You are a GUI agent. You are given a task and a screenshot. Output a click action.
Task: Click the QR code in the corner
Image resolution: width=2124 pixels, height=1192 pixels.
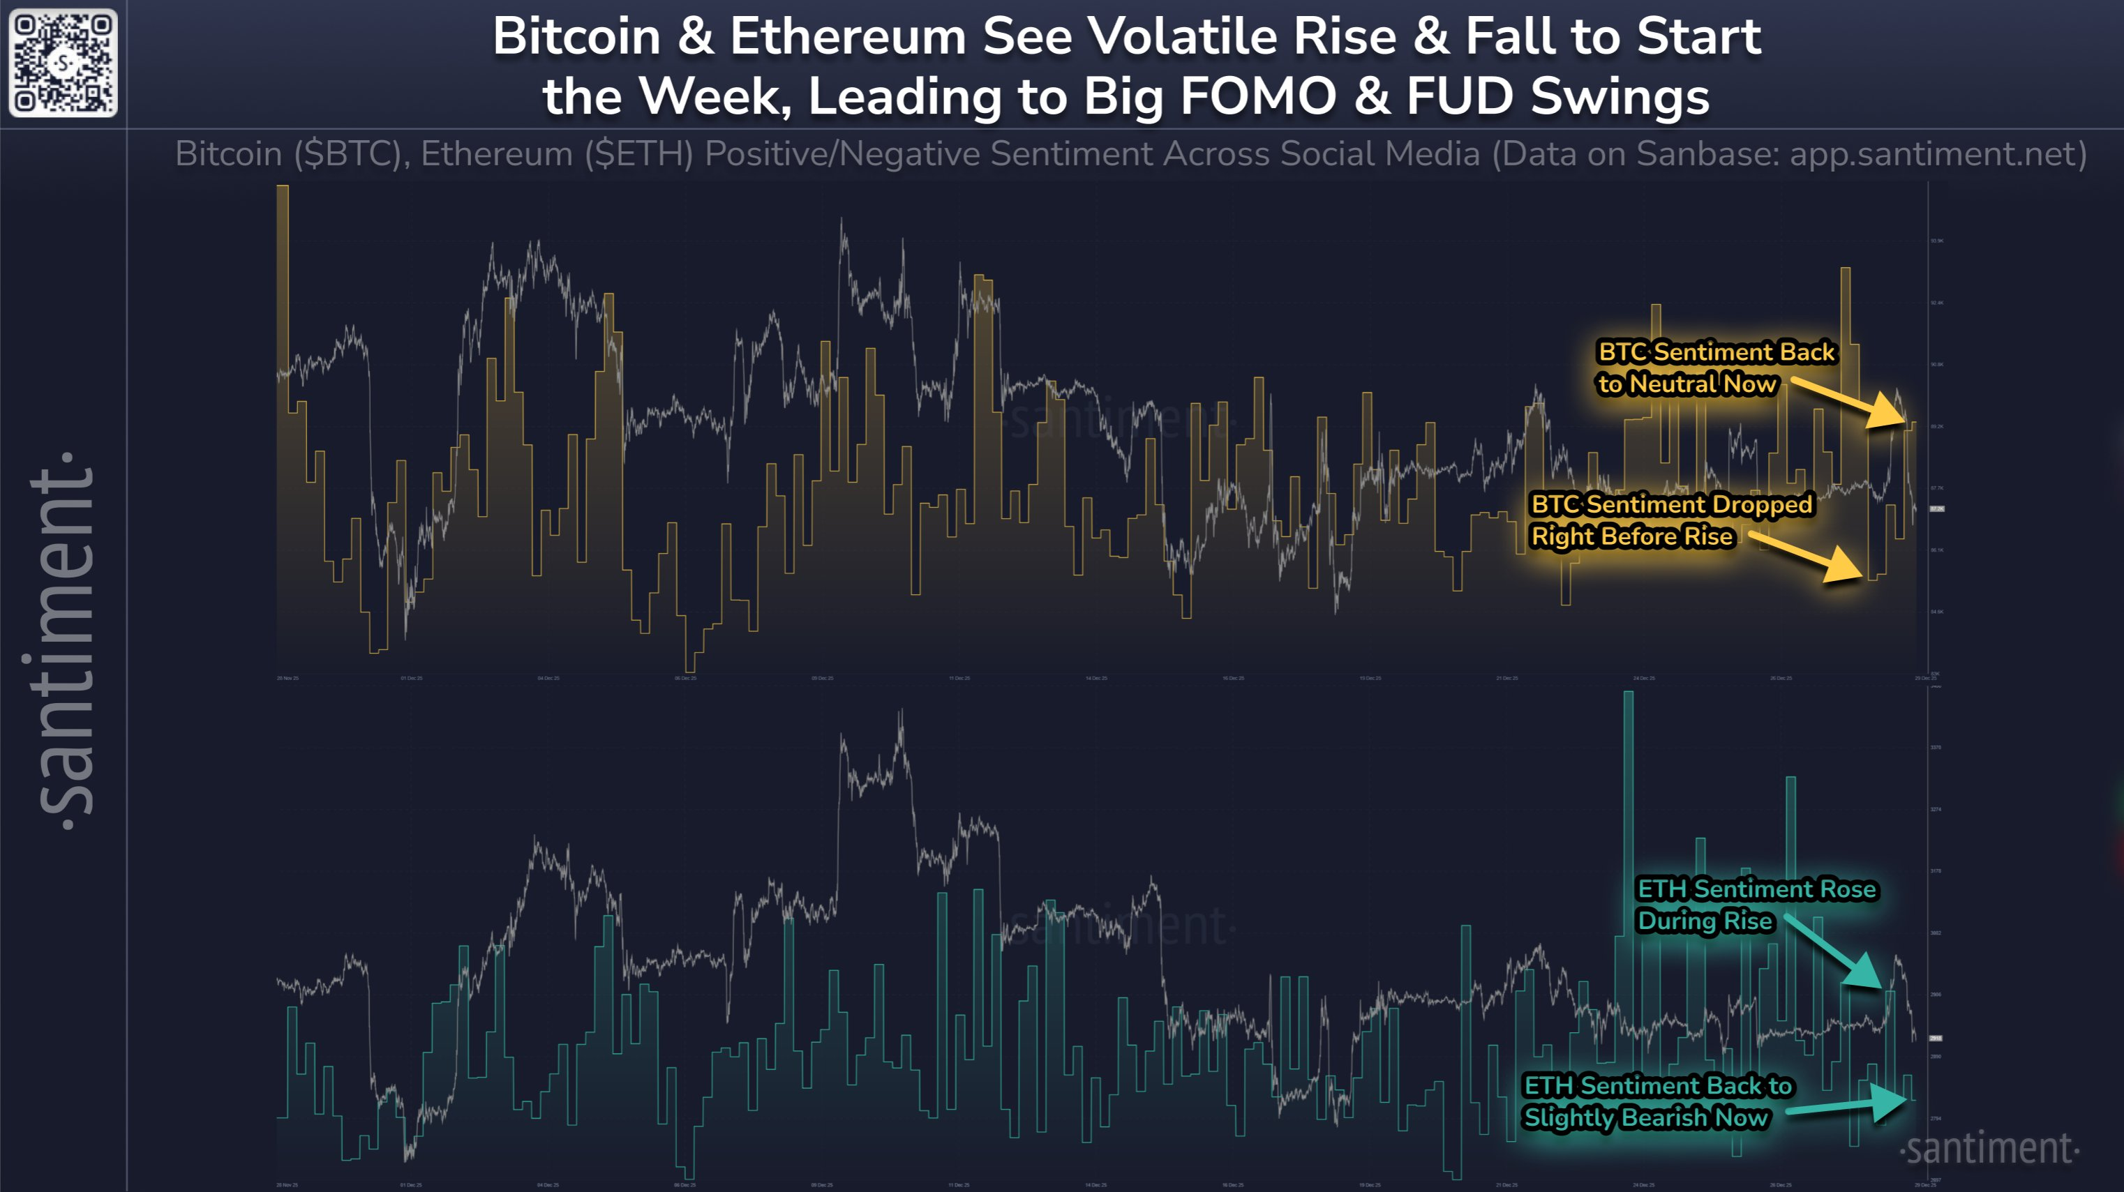pos(63,63)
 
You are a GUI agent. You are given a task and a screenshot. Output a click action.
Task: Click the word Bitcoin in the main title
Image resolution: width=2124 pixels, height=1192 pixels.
pos(577,37)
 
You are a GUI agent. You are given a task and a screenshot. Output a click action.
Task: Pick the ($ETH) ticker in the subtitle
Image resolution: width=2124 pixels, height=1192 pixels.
pos(639,154)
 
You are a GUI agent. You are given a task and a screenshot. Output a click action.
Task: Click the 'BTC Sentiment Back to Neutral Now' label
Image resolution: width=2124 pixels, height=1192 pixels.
pos(1715,368)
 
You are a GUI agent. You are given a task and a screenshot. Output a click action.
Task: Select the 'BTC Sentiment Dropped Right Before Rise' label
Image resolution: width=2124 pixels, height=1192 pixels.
pos(1670,520)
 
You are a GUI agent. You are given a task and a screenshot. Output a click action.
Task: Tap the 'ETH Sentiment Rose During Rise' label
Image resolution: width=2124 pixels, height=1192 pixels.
pos(1756,905)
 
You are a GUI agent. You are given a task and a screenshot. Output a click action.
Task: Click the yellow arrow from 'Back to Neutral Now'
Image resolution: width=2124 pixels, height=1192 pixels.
pos(1851,404)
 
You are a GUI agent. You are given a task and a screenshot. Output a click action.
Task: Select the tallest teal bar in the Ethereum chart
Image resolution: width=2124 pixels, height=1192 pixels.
pos(1629,824)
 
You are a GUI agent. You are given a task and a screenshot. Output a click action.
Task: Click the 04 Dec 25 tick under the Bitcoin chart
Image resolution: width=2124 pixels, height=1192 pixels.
pos(548,679)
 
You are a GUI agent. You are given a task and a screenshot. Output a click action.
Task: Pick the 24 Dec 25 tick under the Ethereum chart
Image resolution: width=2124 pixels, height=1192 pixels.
pos(1643,1184)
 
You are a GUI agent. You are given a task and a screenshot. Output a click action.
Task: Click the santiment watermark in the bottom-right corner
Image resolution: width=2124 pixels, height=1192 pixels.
pos(1989,1148)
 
